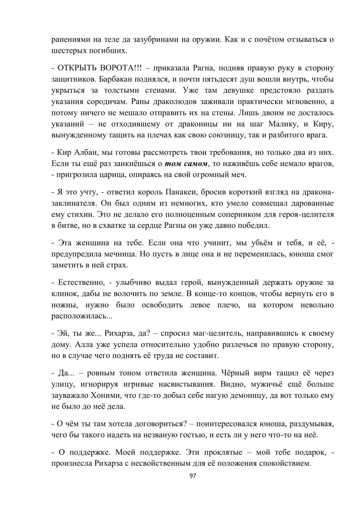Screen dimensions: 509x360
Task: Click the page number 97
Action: pos(192,476)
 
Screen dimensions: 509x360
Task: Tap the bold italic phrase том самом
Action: pos(186,164)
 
